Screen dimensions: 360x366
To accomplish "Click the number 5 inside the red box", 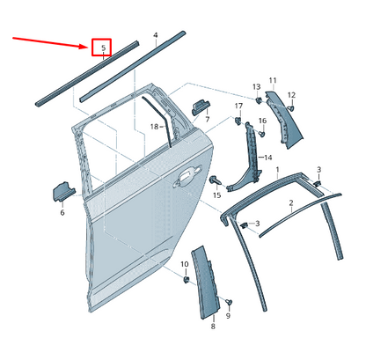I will pos(103,48).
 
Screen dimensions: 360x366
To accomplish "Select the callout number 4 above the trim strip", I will pos(156,36).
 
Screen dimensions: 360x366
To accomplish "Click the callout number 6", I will pos(62,212).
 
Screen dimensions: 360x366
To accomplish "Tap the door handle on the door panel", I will pos(187,179).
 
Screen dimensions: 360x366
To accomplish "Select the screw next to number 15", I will pos(214,180).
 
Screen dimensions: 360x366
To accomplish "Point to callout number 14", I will pos(244,157).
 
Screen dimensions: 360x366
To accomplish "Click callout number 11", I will pos(272,80).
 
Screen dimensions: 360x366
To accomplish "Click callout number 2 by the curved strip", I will pos(290,202).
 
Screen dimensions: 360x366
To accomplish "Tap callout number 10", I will pos(185,264).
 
